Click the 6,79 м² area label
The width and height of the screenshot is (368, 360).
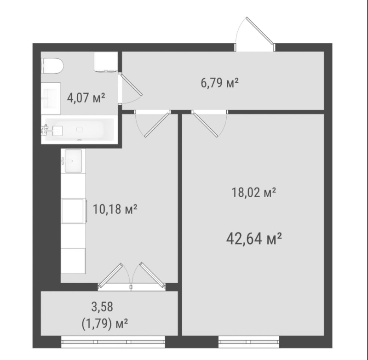[x=220, y=83]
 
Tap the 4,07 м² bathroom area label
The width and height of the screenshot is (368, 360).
[x=86, y=97]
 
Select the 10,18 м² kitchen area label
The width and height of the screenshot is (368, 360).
[x=115, y=209]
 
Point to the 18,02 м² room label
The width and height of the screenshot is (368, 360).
[x=254, y=193]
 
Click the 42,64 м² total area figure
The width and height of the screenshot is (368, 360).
[x=254, y=239]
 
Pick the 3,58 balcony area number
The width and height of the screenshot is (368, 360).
[x=102, y=307]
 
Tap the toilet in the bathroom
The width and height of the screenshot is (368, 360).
[x=52, y=66]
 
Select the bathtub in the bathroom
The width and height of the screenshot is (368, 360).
[x=79, y=130]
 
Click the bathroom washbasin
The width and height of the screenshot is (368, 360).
[x=51, y=98]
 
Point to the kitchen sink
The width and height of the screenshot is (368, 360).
[x=73, y=161]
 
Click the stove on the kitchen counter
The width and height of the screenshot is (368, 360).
[x=74, y=211]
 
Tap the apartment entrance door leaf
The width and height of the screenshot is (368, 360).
[x=260, y=30]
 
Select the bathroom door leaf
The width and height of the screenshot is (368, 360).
[x=131, y=85]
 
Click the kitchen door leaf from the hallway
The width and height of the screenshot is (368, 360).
[x=157, y=125]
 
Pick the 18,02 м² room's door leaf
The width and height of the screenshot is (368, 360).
[x=205, y=125]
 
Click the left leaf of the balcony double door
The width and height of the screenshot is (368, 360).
[x=110, y=275]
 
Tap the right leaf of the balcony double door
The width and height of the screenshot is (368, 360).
[x=152, y=274]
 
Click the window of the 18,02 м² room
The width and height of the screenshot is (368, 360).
[x=249, y=342]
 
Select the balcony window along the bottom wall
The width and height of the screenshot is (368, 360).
[x=113, y=342]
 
